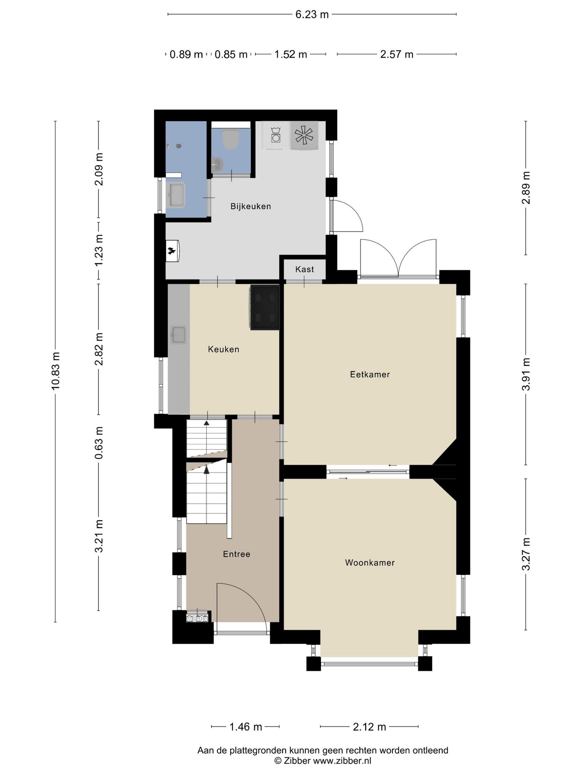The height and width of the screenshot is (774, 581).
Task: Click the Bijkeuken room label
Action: [x=251, y=206]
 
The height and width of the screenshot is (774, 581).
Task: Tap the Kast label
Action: [x=304, y=269]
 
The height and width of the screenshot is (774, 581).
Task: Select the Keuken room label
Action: [x=224, y=349]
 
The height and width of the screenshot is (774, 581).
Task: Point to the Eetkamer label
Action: [x=370, y=375]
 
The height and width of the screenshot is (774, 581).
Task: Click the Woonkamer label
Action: [x=370, y=563]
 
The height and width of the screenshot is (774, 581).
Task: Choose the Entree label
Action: [x=237, y=554]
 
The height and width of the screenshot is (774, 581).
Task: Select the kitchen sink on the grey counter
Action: [x=179, y=335]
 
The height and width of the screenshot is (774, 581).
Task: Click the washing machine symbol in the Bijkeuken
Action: [x=276, y=135]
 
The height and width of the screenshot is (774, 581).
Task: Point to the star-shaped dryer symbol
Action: [x=304, y=135]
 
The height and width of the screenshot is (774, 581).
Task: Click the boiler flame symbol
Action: [x=172, y=251]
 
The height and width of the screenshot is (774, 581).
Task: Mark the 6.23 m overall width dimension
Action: [x=312, y=14]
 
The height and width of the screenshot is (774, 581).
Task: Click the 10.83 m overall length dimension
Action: [x=55, y=371]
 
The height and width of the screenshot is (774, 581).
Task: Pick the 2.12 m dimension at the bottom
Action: [x=369, y=726]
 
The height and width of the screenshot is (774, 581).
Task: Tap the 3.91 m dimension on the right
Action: [x=526, y=374]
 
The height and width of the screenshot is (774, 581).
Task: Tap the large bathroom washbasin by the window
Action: [x=176, y=195]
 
